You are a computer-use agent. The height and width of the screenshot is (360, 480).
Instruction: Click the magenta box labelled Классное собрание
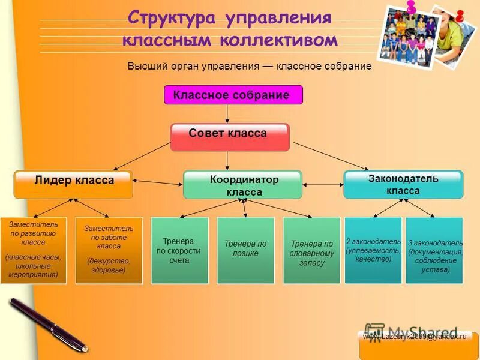tap(233, 95)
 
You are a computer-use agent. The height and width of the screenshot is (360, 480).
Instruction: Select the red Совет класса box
tap(230, 137)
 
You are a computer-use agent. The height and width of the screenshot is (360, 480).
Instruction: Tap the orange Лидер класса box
tap(73, 184)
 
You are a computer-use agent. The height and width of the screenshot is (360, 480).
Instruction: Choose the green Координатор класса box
tap(242, 185)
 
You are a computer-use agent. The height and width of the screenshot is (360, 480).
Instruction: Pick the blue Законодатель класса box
tap(403, 184)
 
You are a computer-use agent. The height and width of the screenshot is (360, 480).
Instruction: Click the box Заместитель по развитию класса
tap(34, 250)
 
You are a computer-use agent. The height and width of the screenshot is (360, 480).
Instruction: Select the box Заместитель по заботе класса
tap(109, 250)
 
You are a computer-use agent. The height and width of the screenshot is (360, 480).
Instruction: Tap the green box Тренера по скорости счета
tap(179, 250)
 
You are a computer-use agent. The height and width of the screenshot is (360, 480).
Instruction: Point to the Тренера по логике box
tap(245, 250)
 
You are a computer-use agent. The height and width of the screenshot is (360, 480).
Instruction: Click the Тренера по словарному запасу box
tap(311, 250)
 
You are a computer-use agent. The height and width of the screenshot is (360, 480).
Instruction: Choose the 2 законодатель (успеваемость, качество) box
tap(373, 250)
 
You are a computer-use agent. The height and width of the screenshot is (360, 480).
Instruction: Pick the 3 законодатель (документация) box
tap(435, 250)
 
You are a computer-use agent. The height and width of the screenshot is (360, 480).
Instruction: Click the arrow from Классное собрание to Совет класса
tap(227, 113)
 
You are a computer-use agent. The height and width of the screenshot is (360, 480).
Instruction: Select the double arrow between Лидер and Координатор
tap(157, 182)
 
